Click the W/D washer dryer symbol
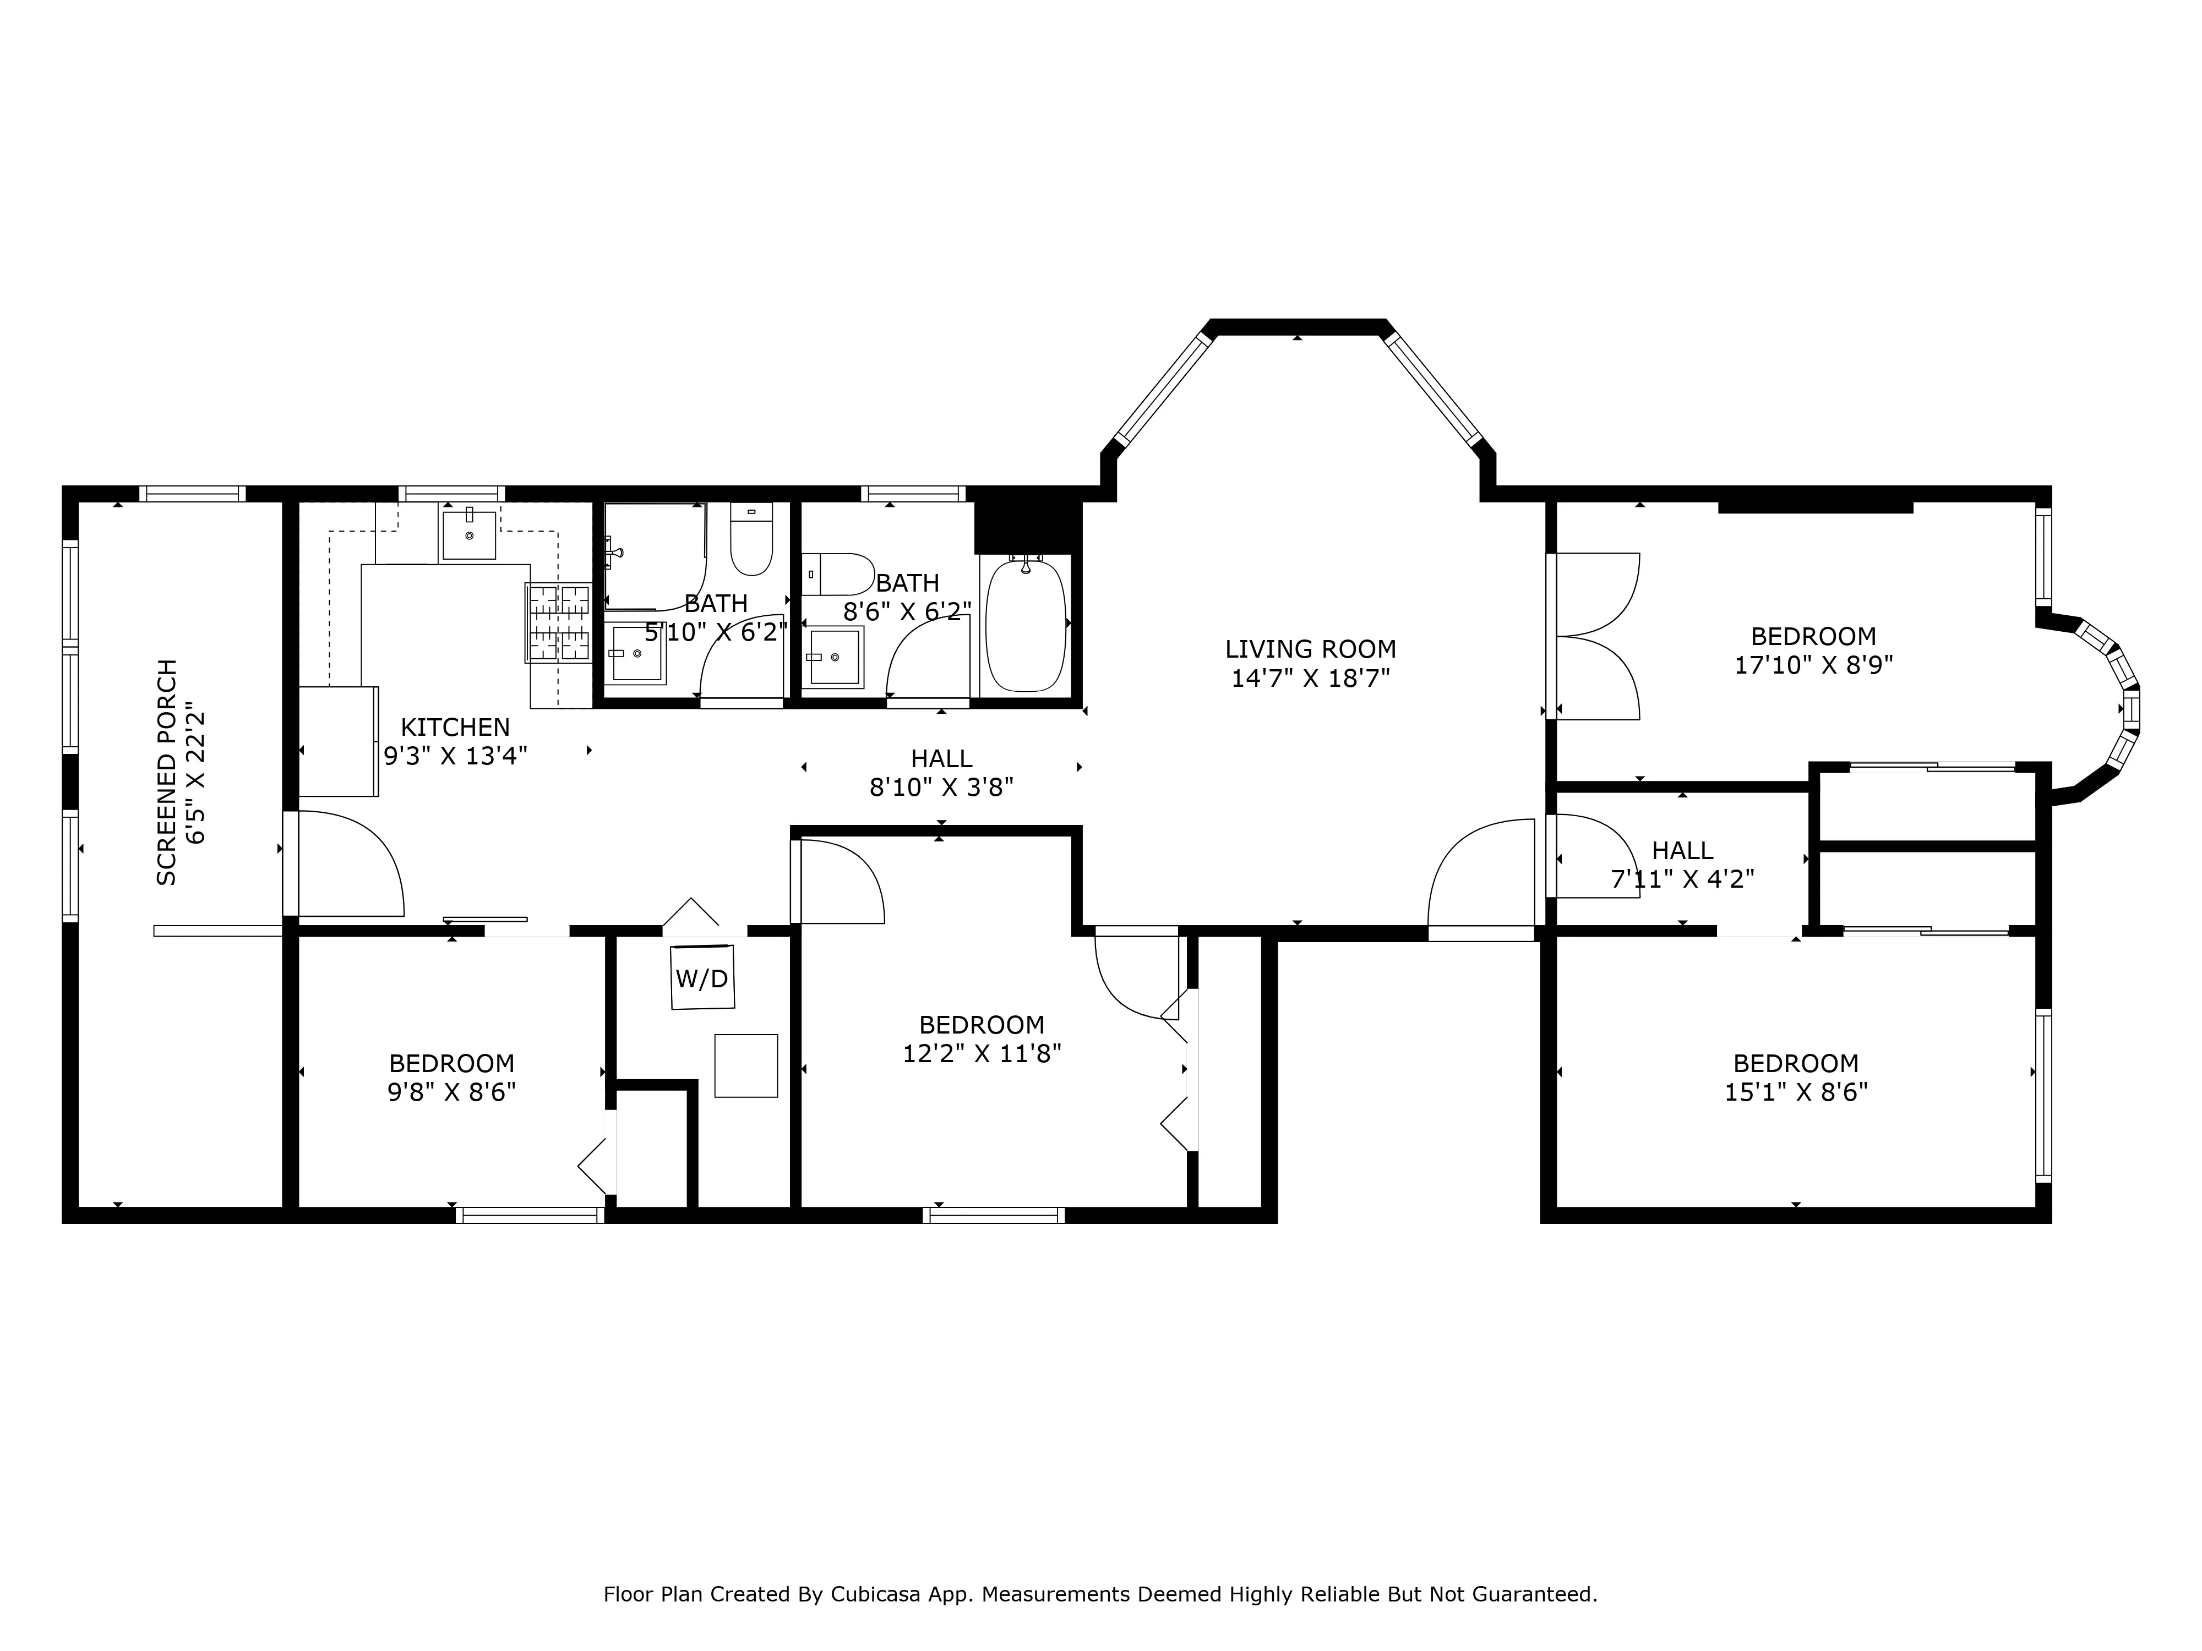[702, 978]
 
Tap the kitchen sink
[469, 535]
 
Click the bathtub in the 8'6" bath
[1026, 626]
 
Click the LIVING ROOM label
[1310, 649]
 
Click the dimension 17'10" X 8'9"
[1813, 665]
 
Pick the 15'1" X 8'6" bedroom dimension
[1796, 1092]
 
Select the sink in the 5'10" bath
[637, 654]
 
